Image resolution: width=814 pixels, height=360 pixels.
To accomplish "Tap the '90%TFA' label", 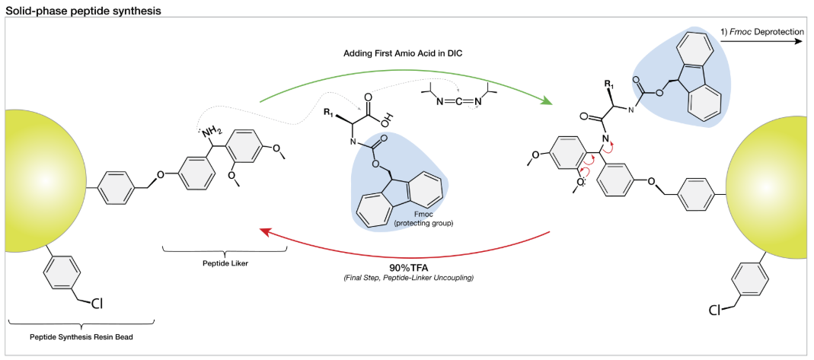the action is [x=405, y=269].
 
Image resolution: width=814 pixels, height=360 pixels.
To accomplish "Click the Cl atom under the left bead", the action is [x=97, y=303].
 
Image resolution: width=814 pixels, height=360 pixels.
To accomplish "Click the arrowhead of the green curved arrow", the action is [x=546, y=101].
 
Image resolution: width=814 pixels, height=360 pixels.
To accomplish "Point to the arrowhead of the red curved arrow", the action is [x=267, y=233].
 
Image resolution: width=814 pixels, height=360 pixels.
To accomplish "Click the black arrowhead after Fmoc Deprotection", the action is [x=800, y=43].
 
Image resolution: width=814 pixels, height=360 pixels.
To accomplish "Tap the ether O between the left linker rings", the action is [x=159, y=174].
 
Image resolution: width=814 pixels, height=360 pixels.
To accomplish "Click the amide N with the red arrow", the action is [x=605, y=139].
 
